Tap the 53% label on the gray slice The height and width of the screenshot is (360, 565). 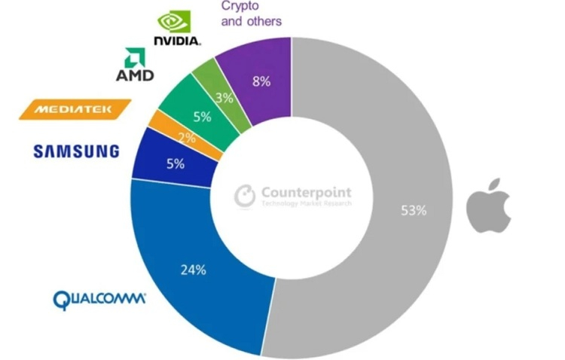click(x=414, y=210)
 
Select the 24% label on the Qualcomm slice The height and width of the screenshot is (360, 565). click(x=194, y=270)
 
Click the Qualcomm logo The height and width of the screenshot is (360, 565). click(x=99, y=299)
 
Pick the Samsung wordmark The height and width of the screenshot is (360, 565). click(x=75, y=151)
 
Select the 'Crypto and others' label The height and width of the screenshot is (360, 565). click(x=251, y=14)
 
